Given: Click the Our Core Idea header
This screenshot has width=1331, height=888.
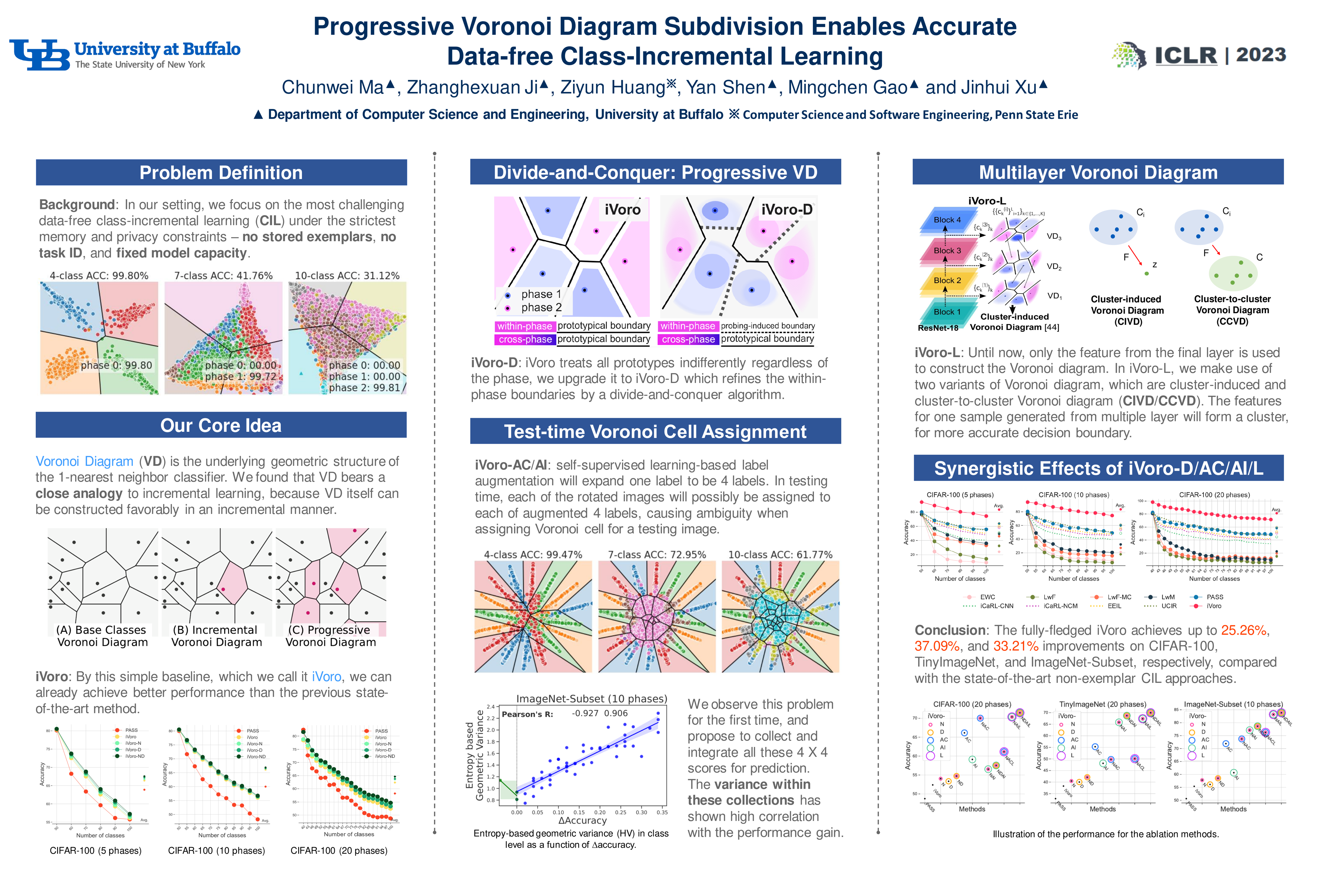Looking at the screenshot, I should [x=221, y=425].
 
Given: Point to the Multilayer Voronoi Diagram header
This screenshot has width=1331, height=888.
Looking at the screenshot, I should [x=1098, y=172].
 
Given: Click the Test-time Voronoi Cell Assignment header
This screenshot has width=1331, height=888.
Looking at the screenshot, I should [x=655, y=432].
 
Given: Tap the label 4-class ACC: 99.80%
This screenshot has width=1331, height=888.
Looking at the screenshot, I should [x=99, y=276].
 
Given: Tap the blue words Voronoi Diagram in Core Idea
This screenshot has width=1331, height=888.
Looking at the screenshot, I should [x=84, y=462].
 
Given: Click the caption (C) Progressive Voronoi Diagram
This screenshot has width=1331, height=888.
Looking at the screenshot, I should [x=330, y=636].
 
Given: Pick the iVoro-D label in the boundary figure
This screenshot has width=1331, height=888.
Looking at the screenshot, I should [x=786, y=210].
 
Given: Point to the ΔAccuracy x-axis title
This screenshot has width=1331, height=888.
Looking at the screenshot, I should [x=582, y=820].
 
